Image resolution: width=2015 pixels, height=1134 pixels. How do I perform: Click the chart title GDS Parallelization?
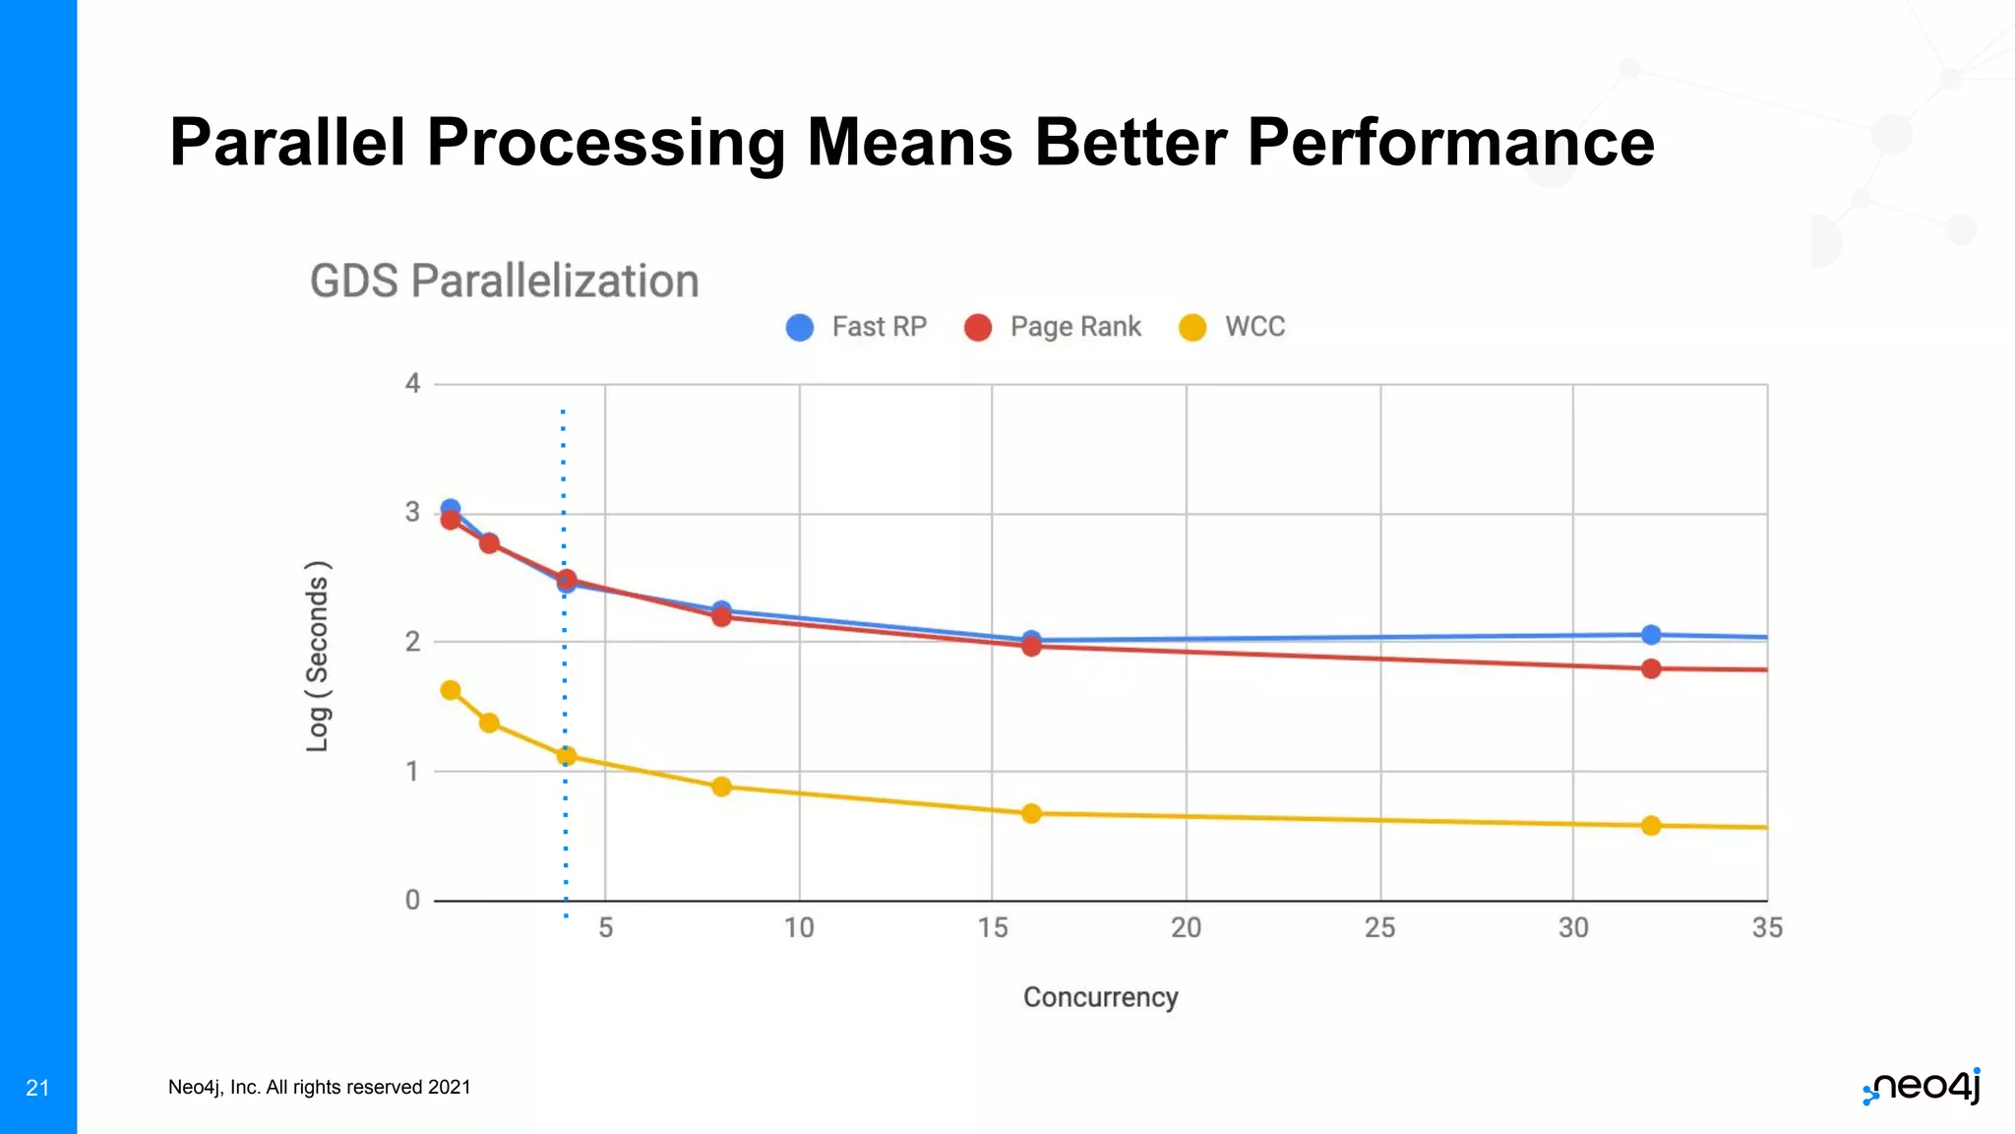[504, 282]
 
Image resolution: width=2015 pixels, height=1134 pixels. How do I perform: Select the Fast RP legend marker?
[800, 328]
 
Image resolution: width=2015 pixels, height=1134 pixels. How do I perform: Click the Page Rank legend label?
[1075, 327]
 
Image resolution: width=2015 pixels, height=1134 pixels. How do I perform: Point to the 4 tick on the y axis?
[412, 384]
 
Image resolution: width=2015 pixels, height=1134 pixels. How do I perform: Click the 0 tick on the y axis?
[412, 900]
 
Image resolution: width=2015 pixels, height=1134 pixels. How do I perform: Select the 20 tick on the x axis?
[1186, 927]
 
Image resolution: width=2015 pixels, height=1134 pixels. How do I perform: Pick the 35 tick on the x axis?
[1766, 927]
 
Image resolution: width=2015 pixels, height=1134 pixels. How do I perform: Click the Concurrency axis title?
[1100, 997]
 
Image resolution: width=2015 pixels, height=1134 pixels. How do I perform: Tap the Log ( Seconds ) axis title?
[318, 657]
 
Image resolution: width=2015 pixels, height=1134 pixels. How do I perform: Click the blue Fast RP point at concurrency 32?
[1651, 635]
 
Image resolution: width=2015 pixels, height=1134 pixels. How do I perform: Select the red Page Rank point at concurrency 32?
[1651, 668]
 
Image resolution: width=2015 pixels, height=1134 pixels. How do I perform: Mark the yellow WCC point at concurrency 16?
[1031, 813]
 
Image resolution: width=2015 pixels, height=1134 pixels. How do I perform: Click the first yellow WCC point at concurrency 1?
[451, 690]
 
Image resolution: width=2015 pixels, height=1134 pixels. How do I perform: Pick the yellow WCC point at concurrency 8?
[721, 786]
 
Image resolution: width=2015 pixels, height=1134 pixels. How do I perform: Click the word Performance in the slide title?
[1450, 143]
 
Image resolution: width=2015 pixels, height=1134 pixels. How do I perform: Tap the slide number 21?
[37, 1088]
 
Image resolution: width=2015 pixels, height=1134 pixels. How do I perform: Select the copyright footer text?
[319, 1087]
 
